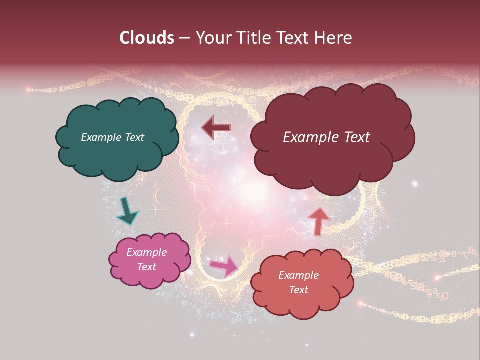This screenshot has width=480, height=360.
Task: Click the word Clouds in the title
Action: click(x=147, y=38)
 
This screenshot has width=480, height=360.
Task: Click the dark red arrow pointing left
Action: click(x=216, y=128)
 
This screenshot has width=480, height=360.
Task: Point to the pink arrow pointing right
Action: click(x=224, y=265)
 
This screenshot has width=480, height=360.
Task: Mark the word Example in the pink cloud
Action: click(x=146, y=252)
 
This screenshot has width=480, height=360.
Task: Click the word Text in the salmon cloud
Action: click(x=298, y=290)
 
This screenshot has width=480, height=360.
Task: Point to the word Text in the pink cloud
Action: click(x=146, y=267)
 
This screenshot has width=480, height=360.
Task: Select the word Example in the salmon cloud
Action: click(x=298, y=275)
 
